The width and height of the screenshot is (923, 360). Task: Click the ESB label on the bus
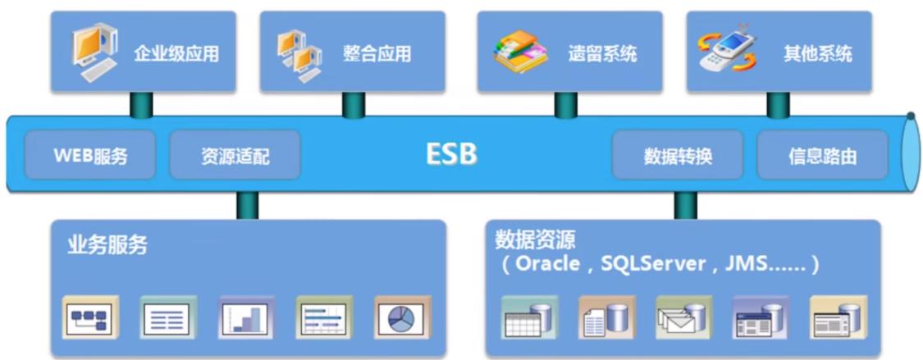tap(451, 154)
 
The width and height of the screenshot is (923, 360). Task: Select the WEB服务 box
tap(90, 155)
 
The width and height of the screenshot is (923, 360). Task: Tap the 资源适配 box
tap(235, 155)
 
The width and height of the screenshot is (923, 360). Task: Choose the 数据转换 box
tap(678, 155)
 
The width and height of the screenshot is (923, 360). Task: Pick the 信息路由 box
tap(822, 155)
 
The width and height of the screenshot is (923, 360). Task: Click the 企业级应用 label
tap(176, 54)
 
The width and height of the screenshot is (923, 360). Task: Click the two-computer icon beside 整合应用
tap(300, 54)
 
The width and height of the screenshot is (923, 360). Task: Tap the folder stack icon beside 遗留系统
tap(520, 52)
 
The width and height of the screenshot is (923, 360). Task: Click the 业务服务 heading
tap(107, 244)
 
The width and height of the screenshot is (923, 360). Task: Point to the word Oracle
tap(547, 263)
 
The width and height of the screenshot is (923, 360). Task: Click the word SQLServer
tap(653, 263)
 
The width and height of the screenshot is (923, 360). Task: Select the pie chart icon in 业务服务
tap(402, 318)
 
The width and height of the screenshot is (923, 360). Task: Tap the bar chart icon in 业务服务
tap(247, 318)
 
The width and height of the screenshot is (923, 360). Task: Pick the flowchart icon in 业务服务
tap(90, 318)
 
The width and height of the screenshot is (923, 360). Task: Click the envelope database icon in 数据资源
tap(683, 318)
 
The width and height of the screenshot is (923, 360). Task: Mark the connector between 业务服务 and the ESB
tap(247, 206)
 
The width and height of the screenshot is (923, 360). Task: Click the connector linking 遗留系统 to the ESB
tap(565, 105)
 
